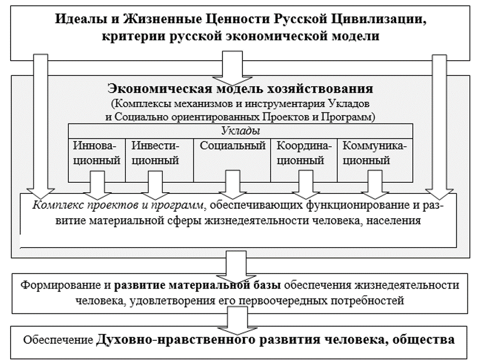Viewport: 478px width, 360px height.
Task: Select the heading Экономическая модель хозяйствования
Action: tap(241, 89)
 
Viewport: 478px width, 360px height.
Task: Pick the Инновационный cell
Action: tap(97, 154)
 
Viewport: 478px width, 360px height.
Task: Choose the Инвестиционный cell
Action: tap(156, 154)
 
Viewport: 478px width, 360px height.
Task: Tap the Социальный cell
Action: tap(233, 146)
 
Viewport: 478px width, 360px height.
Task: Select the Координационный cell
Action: tap(304, 154)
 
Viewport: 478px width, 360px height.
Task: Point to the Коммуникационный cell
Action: tap(374, 154)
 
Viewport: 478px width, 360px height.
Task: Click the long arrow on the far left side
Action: tap(40, 127)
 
